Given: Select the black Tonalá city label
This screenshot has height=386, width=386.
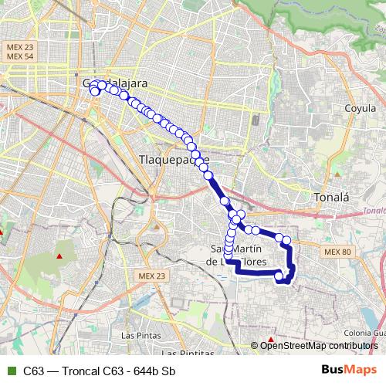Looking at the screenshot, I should (333, 198).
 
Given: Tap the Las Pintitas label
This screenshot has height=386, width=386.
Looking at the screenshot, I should (189, 354).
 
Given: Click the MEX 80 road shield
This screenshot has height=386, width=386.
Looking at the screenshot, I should (337, 252).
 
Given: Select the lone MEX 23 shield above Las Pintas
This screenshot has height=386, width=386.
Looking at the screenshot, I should (152, 276).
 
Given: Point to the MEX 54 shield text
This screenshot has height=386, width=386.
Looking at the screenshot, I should (21, 58).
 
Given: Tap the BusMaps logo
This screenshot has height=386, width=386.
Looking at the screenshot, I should (344, 371).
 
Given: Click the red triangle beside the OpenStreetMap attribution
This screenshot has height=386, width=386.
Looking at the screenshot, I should (271, 340).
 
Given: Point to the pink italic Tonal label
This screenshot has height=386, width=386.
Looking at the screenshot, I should (374, 210).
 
